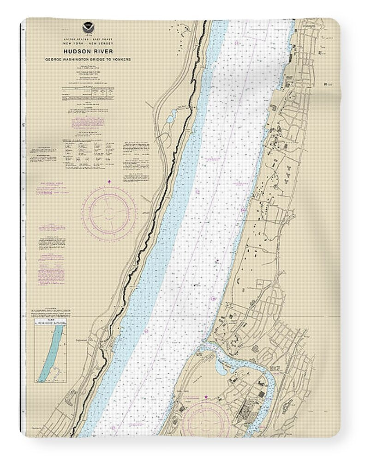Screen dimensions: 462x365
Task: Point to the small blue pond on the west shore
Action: (172, 115)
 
